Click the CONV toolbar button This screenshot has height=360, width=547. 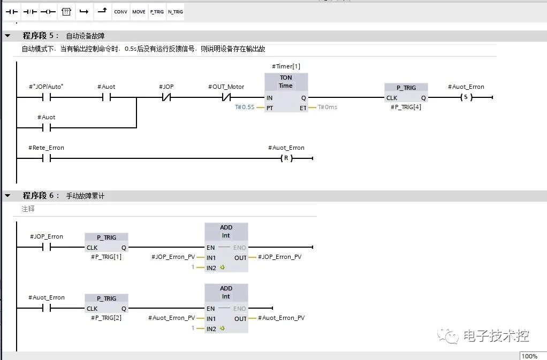click(x=120, y=12)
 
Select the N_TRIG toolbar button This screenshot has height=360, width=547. click(x=175, y=12)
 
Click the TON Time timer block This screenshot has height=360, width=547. click(x=286, y=93)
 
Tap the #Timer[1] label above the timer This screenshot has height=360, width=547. click(x=286, y=66)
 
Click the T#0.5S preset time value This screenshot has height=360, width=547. click(x=245, y=108)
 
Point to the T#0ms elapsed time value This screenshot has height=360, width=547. click(x=328, y=108)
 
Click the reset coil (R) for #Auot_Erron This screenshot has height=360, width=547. click(x=288, y=158)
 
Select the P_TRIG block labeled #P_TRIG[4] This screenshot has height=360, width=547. click(x=406, y=93)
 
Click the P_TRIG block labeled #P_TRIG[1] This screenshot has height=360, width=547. click(x=107, y=242)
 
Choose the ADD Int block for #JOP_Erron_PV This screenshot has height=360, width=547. click(x=226, y=247)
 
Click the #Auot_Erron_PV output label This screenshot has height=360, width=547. click(x=281, y=318)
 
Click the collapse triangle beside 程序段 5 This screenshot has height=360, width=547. click(x=7, y=36)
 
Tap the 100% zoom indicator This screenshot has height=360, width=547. click(x=529, y=356)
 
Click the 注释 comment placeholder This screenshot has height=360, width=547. click(x=28, y=209)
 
